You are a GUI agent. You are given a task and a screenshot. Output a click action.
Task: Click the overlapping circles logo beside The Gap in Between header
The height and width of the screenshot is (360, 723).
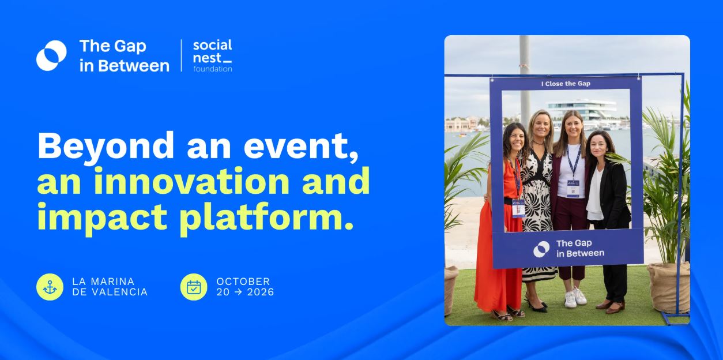(x=51, y=55)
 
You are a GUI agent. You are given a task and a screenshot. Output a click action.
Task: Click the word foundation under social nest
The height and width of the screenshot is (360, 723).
(x=213, y=69)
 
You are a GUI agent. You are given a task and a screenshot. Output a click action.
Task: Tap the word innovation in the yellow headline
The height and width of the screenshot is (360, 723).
(x=192, y=181)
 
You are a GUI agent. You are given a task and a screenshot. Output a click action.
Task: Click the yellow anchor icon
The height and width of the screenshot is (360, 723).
(x=50, y=287)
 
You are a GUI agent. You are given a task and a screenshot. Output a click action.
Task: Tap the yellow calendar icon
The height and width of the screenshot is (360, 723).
(x=194, y=287)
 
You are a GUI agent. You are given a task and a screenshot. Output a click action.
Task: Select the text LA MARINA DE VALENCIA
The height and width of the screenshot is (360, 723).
(x=110, y=287)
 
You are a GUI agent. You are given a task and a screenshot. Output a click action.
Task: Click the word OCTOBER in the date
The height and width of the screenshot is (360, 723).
(x=243, y=282)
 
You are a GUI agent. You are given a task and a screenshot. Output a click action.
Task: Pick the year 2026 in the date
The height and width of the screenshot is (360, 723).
(x=261, y=292)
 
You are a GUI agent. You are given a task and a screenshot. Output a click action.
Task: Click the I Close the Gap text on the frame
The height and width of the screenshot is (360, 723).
(x=566, y=84)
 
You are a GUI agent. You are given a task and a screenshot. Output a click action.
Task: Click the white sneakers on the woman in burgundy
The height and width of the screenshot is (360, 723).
(x=575, y=297)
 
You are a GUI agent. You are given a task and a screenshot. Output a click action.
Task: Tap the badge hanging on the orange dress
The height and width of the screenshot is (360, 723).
(x=518, y=209)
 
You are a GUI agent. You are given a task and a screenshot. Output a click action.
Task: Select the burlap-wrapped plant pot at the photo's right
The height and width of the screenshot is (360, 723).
(x=668, y=288)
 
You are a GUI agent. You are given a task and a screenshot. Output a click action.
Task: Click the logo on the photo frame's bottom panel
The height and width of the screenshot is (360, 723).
(x=541, y=249)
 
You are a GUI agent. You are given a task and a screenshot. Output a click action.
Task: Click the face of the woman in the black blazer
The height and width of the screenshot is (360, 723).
(x=599, y=147)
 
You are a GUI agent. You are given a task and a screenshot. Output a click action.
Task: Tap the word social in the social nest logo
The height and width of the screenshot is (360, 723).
(x=212, y=45)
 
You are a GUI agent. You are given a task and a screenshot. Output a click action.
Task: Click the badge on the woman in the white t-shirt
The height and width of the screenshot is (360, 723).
(x=573, y=188)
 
